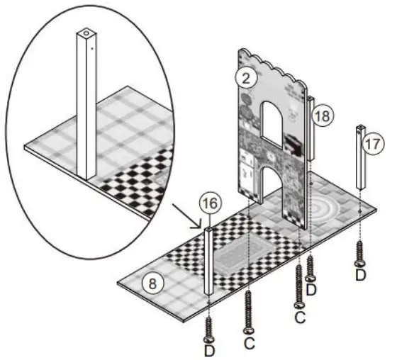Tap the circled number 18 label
(x=322, y=117)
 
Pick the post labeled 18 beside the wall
(x=309, y=128)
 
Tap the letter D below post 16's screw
(x=210, y=350)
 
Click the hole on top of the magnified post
(x=85, y=33)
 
